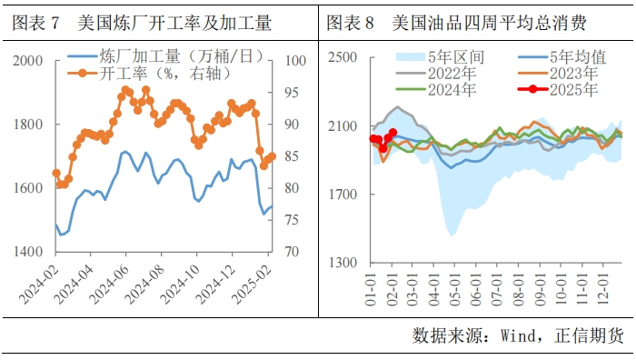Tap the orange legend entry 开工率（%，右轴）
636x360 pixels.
coord(154,73)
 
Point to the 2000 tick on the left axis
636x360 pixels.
coord(28,61)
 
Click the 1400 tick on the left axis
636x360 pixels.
coord(28,252)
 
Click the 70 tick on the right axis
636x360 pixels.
coord(294,252)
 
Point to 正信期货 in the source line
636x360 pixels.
coord(591,335)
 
